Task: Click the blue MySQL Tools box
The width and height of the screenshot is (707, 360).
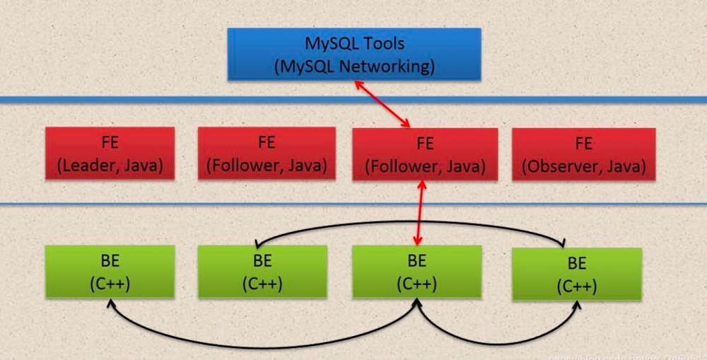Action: coord(353,54)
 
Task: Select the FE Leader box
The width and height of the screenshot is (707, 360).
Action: coord(110,153)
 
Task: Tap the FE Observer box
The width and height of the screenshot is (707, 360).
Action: coord(583,153)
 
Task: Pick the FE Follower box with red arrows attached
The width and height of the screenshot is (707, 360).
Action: coord(424,153)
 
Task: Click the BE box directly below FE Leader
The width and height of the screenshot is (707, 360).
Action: coord(110,271)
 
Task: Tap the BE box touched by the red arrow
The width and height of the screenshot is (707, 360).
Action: coord(416,271)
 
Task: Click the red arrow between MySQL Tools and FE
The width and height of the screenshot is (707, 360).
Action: coord(382,104)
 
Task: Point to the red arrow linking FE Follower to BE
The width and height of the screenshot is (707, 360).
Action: coord(421,212)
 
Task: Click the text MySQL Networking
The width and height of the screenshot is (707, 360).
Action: coord(354,67)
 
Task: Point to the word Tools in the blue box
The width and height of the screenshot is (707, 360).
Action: coord(382,43)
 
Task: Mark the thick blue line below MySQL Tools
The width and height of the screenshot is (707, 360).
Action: coord(177,100)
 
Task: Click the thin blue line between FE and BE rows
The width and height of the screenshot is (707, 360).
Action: coord(177,204)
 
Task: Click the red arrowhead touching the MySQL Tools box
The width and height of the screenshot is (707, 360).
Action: coord(358,84)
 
